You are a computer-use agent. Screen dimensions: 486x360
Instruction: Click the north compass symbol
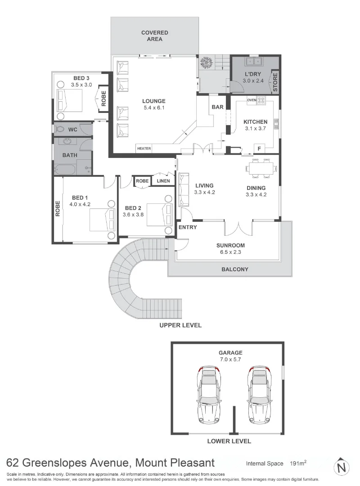[343, 466]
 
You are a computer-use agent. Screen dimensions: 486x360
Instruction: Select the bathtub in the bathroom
[66, 169]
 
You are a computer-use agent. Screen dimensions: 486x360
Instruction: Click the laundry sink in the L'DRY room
[252, 62]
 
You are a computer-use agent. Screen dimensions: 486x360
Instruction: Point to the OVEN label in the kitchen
[251, 100]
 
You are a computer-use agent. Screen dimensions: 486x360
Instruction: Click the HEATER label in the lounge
[144, 148]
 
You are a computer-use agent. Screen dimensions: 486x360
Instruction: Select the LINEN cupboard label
[163, 181]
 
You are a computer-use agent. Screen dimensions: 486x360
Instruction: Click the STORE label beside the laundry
[275, 82]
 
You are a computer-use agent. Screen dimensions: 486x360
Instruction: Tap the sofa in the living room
[184, 189]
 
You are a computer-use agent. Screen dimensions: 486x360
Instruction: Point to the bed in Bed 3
[70, 100]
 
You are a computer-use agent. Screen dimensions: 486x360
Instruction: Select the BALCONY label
[234, 270]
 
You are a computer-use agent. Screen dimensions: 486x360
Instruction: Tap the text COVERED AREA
[154, 36]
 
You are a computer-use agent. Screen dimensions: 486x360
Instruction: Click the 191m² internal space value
[298, 463]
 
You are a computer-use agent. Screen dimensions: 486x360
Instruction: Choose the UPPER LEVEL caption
[180, 325]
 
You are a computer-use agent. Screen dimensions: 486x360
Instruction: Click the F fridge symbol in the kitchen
[259, 148]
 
